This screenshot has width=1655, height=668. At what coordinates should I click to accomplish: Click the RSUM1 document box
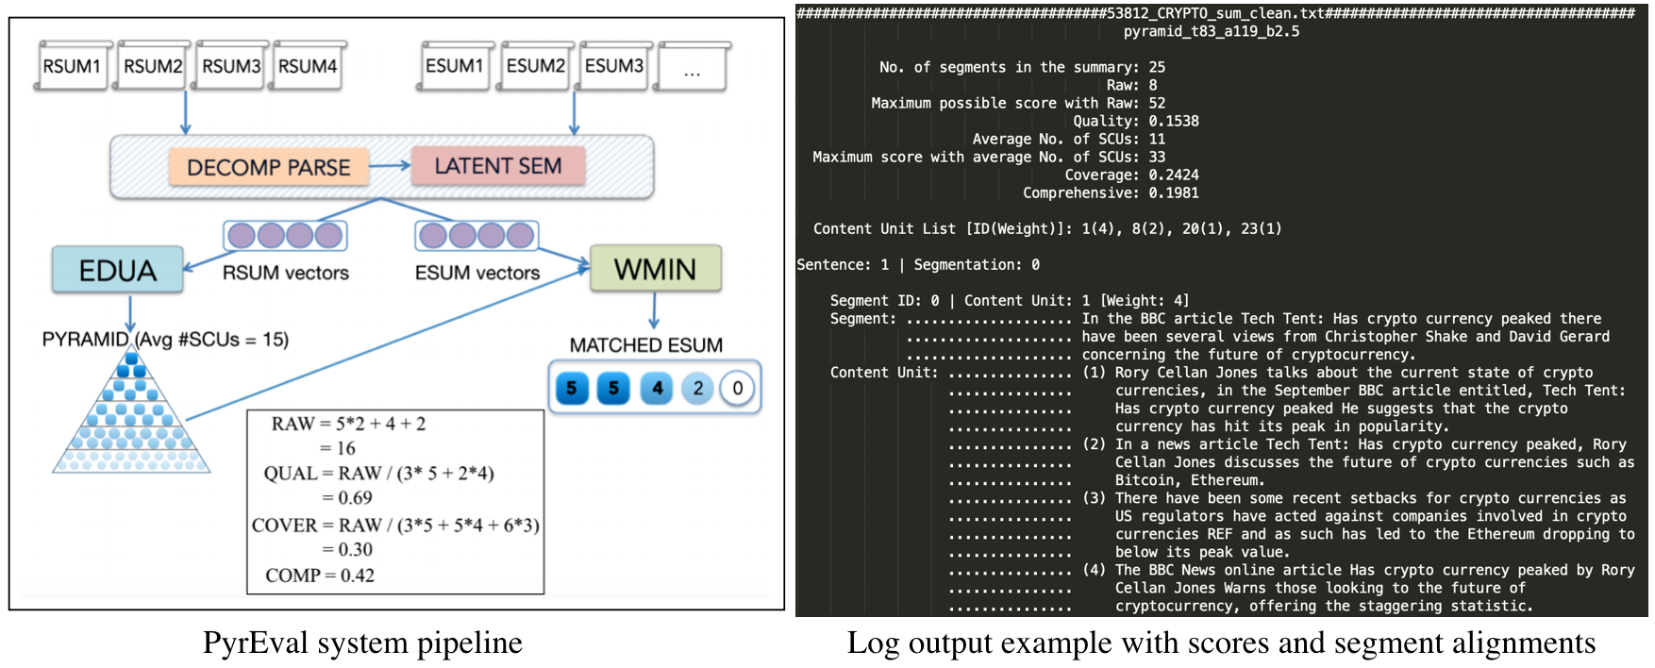point(72,66)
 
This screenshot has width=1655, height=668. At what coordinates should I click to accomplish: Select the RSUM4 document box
point(308,66)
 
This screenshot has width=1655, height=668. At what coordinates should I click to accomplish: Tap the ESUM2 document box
point(536,66)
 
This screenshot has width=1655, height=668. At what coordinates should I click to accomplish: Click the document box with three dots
point(693,68)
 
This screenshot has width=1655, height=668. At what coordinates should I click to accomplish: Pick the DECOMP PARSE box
point(268,167)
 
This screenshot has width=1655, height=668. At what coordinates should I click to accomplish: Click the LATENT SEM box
point(498,166)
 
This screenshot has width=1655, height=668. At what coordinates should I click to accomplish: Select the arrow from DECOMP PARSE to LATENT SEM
point(389,166)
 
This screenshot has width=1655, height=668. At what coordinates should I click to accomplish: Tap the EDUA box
point(118,270)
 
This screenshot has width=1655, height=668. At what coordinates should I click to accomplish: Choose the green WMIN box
point(655,269)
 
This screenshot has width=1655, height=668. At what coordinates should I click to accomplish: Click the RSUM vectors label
point(286,273)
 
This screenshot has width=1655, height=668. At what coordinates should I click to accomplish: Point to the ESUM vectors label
point(477,273)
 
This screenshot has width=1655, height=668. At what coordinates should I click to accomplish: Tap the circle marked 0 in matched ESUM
point(737,388)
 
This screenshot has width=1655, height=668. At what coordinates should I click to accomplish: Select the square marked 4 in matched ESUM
point(657,388)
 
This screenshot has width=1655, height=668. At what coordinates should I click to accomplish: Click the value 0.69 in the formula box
point(355,497)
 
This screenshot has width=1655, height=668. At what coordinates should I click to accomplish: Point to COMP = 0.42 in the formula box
point(320,575)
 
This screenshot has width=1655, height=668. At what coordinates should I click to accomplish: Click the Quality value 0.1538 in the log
point(1174,121)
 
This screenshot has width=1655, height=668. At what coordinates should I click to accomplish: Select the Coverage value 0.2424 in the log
point(1174,175)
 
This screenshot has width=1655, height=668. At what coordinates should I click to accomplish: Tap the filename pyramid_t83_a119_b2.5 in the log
point(1211,31)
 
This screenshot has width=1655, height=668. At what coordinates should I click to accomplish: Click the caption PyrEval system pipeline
point(362,643)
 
